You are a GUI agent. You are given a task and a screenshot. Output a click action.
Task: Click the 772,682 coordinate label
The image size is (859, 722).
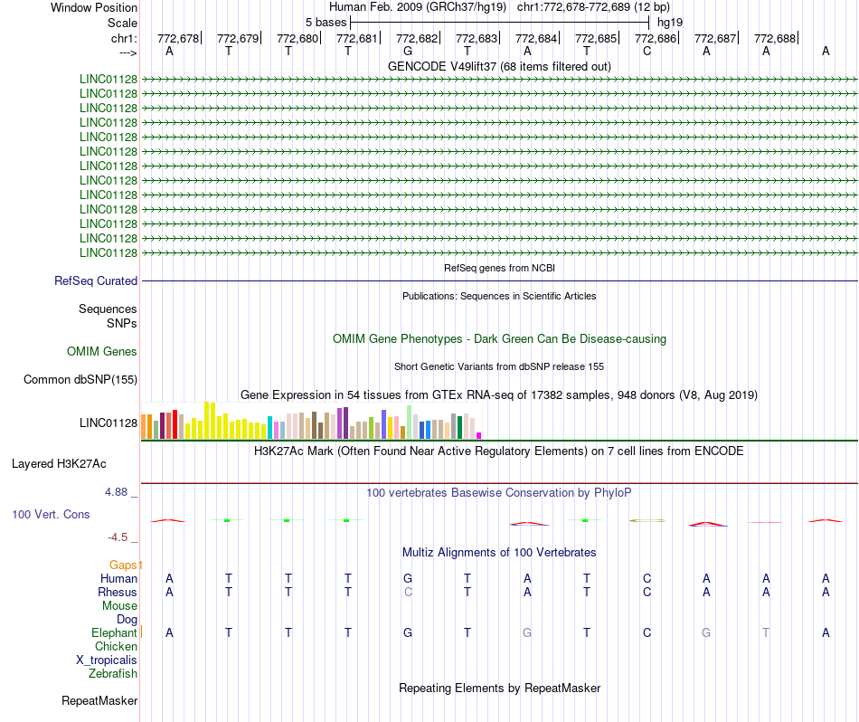[417, 38]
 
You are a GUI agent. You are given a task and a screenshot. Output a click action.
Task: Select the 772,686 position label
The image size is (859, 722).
[656, 38]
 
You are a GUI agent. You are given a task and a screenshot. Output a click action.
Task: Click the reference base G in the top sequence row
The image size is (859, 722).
[408, 52]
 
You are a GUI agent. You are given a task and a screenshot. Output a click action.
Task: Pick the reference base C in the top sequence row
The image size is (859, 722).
[647, 52]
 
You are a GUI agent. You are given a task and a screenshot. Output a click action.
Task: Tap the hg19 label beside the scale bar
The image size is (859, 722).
[670, 23]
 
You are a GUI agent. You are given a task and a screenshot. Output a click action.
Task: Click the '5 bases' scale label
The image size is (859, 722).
[326, 23]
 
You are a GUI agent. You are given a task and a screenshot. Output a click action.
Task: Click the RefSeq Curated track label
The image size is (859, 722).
[96, 280]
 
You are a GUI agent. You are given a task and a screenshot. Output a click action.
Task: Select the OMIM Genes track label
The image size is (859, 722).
[102, 351]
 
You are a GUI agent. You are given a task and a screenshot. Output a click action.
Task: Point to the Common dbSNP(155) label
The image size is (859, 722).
[80, 379]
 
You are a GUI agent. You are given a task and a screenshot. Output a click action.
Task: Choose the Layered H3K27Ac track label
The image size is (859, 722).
[59, 464]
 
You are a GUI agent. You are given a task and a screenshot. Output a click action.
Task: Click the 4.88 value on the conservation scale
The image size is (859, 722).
[116, 492]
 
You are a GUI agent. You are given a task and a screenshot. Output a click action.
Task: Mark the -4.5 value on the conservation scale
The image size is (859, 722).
[118, 537]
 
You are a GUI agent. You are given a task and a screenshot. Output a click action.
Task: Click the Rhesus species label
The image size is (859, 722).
[118, 592]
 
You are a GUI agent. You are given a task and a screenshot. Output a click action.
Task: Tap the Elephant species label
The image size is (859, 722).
[114, 633]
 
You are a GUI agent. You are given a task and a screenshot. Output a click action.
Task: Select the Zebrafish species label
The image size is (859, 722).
[113, 674]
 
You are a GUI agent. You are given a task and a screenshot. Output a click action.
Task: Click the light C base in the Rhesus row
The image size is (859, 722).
[408, 592]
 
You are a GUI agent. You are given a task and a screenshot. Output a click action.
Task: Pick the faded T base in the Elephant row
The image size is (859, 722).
[766, 632]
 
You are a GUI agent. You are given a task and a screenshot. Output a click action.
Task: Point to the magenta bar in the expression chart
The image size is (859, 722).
[479, 435]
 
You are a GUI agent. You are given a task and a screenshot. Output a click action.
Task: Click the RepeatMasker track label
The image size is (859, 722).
[99, 700]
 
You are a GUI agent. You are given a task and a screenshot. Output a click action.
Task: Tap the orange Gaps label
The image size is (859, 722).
[123, 565]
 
